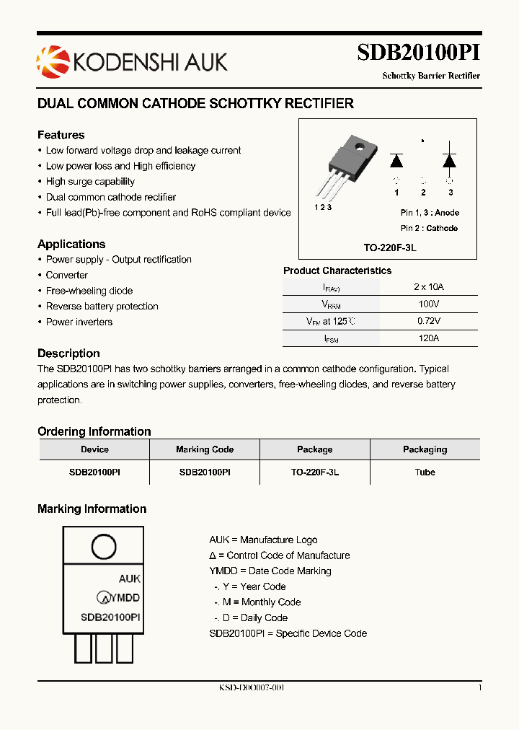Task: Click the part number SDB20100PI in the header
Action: [418, 53]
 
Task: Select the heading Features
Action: [61, 135]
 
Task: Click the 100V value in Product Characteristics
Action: [428, 304]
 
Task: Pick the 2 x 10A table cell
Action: [428, 286]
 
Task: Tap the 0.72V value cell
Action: [428, 321]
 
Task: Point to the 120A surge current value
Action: [428, 338]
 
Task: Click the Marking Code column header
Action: [205, 449]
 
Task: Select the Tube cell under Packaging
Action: [425, 472]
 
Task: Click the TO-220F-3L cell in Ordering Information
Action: [315, 472]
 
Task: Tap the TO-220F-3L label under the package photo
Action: [390, 247]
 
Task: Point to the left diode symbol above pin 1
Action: [396, 160]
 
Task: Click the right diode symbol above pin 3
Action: [450, 160]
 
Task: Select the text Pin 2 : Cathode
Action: [429, 228]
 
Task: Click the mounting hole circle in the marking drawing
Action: [103, 547]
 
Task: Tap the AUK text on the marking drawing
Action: [129, 579]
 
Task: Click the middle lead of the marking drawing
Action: [103, 648]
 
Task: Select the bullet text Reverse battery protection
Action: [102, 307]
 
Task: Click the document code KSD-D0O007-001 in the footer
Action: [252, 688]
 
